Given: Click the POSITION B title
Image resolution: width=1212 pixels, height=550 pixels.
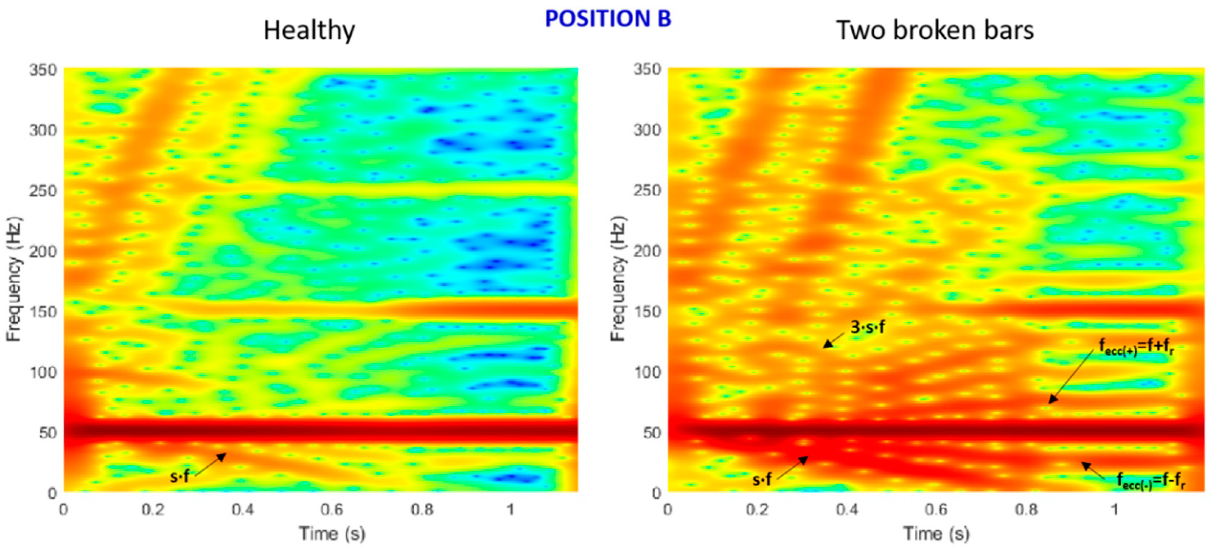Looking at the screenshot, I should pyautogui.click(x=607, y=19).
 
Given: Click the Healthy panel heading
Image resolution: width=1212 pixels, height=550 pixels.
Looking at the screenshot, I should pyautogui.click(x=309, y=31).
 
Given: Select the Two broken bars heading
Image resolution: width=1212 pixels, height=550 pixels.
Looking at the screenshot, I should pyautogui.click(x=934, y=31).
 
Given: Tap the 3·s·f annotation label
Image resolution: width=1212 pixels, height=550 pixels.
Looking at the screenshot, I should pyautogui.click(x=867, y=327).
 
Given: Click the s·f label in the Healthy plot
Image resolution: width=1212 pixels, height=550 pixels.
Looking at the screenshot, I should pyautogui.click(x=180, y=477).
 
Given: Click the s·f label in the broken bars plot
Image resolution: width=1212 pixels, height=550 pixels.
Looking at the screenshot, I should pyautogui.click(x=762, y=480).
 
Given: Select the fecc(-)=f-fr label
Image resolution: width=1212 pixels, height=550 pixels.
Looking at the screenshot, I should pyautogui.click(x=1151, y=481).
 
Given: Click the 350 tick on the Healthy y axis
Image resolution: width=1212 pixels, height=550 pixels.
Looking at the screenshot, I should pyautogui.click(x=43, y=70).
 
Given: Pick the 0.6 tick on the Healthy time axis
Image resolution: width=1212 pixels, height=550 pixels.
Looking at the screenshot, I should pyautogui.click(x=332, y=509).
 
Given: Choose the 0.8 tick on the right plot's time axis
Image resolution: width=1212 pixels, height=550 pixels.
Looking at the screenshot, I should pyautogui.click(x=1026, y=509).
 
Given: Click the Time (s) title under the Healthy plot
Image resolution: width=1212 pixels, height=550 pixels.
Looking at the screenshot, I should pyautogui.click(x=332, y=534).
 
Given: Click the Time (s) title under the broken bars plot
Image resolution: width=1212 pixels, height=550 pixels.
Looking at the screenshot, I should pyautogui.click(x=936, y=534).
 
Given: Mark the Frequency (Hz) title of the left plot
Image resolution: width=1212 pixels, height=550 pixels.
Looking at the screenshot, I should pyautogui.click(x=14, y=279).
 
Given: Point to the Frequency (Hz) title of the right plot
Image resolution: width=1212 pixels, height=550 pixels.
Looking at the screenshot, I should pyautogui.click(x=618, y=279).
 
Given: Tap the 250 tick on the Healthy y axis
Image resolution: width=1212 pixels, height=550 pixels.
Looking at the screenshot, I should pyautogui.click(x=43, y=191).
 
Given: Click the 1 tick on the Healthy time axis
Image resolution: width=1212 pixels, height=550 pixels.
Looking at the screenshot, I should pyautogui.click(x=511, y=509).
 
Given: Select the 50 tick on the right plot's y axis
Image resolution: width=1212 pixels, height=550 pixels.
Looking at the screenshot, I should pyautogui.click(x=652, y=433).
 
